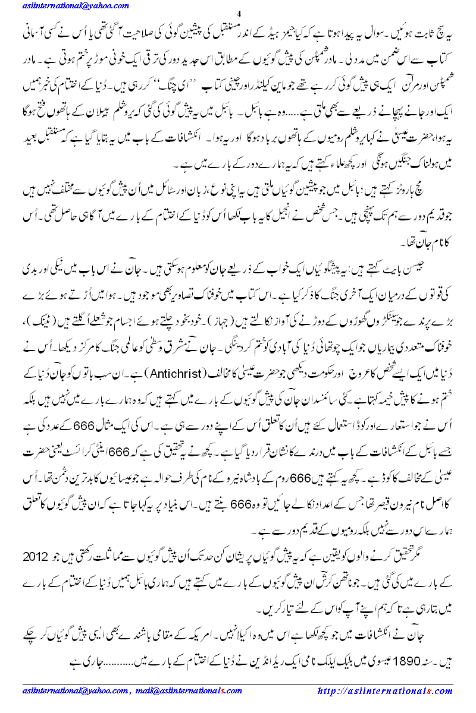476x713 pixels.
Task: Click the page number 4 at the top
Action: pyautogui.click(x=239, y=14)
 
